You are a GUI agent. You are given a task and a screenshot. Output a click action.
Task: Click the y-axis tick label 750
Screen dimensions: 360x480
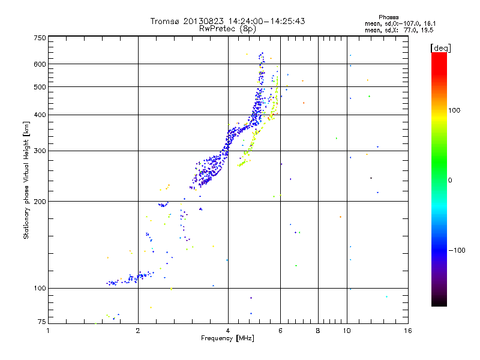(x=40, y=38)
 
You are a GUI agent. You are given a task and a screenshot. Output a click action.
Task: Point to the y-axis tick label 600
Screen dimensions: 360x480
(x=40, y=64)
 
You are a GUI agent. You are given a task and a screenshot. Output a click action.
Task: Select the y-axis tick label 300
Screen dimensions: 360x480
(x=40, y=151)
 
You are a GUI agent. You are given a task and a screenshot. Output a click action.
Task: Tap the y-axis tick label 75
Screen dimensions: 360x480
(x=41, y=322)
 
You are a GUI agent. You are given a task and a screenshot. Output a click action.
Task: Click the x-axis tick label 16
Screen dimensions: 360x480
(x=407, y=331)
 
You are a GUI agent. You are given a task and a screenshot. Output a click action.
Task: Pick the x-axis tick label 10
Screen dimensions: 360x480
(x=346, y=331)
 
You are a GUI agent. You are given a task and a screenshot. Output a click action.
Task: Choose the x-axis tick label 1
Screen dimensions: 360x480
(x=49, y=331)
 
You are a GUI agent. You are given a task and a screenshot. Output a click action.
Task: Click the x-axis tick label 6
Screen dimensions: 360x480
(x=280, y=331)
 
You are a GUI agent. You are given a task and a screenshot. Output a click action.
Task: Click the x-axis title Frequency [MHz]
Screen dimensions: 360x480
(x=227, y=338)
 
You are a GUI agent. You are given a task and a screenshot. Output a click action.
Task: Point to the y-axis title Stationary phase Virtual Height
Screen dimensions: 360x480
(x=26, y=180)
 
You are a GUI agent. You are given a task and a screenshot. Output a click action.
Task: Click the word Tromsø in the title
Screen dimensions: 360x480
(x=167, y=21)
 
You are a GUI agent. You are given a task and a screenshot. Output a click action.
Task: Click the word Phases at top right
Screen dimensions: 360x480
(x=389, y=17)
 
